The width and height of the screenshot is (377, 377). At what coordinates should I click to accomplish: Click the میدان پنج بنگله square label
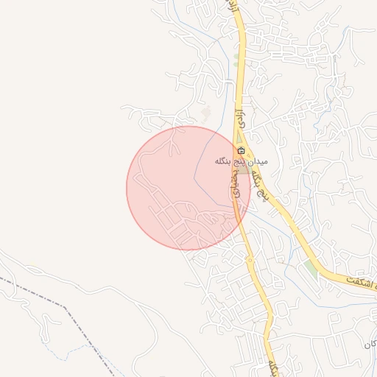coord(242,161)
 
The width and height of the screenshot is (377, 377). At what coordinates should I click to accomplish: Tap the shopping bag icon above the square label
coord(242,150)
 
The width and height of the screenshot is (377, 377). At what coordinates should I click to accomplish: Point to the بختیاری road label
coord(236,182)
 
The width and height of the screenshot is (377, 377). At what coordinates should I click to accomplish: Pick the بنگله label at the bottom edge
coord(274,366)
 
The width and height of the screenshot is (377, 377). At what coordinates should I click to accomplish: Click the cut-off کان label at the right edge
coord(370,345)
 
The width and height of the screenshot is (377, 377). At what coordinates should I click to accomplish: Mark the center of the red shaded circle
coord(188,188)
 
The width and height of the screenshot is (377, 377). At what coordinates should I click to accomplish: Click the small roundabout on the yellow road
coord(250,259)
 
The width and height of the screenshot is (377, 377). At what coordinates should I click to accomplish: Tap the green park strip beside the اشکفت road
coord(311,269)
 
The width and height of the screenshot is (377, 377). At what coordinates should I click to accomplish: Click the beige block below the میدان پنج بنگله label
coord(243,170)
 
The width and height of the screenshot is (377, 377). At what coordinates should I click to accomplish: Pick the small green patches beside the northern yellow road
coord(236,55)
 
